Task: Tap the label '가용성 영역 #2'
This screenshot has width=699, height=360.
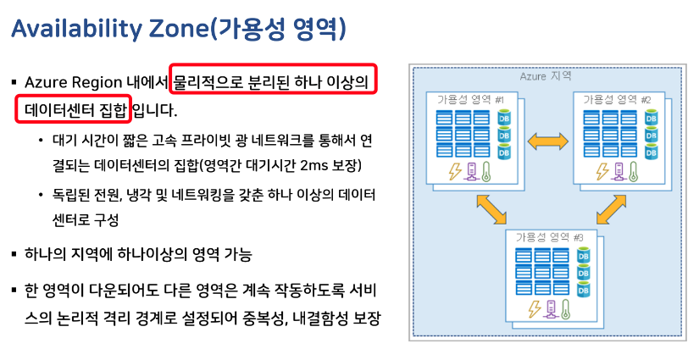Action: click(x=616, y=100)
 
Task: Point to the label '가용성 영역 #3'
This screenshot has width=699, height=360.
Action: click(x=543, y=236)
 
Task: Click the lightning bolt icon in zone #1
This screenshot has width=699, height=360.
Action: click(x=454, y=171)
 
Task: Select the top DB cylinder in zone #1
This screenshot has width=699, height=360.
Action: click(x=504, y=118)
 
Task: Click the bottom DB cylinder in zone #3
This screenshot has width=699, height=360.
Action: click(x=583, y=290)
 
